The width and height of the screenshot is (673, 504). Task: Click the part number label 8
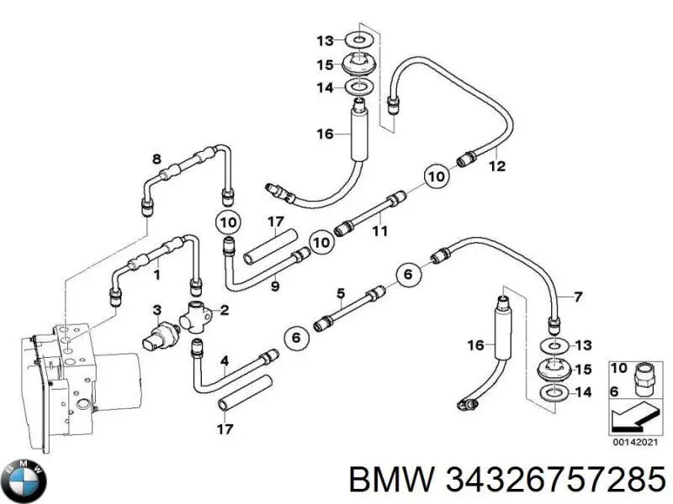point(156,160)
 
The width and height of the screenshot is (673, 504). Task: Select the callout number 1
point(156,274)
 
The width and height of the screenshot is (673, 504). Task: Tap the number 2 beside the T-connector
point(225,311)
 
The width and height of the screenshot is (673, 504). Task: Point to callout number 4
point(225,363)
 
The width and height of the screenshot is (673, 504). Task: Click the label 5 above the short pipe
point(341,293)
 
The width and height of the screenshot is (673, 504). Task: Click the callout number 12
point(497,166)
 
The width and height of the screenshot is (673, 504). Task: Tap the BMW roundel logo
point(25,480)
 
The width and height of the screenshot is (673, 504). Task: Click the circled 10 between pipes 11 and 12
point(435,176)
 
